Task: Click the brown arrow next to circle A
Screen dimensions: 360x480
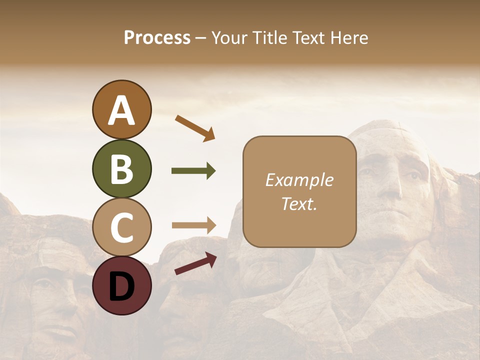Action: point(195,127)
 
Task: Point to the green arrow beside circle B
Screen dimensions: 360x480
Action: point(193,171)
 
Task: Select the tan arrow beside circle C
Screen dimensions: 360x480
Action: point(193,225)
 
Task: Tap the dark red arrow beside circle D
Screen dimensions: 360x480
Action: point(195,263)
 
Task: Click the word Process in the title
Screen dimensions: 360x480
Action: point(157,38)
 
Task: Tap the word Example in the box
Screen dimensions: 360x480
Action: point(299,180)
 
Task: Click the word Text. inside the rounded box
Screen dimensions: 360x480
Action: point(299,203)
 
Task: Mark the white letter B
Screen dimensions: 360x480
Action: point(122,169)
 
